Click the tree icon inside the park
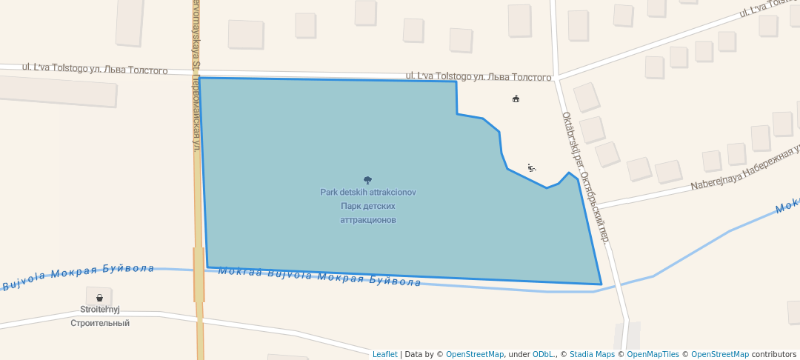(x=367, y=180)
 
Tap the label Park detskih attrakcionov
(x=368, y=193)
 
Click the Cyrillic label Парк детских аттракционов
(x=368, y=213)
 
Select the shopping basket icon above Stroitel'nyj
(x=99, y=298)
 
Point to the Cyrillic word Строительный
(x=100, y=323)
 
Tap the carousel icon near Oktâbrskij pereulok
(x=516, y=99)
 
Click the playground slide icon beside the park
(x=531, y=168)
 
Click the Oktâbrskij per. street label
(x=585, y=178)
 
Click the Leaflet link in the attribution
(x=384, y=354)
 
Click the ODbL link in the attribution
(x=544, y=354)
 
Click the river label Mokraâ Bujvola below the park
(x=319, y=276)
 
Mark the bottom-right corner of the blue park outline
(x=601, y=284)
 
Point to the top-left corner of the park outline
(x=199, y=78)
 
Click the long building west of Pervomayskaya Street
(x=57, y=91)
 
